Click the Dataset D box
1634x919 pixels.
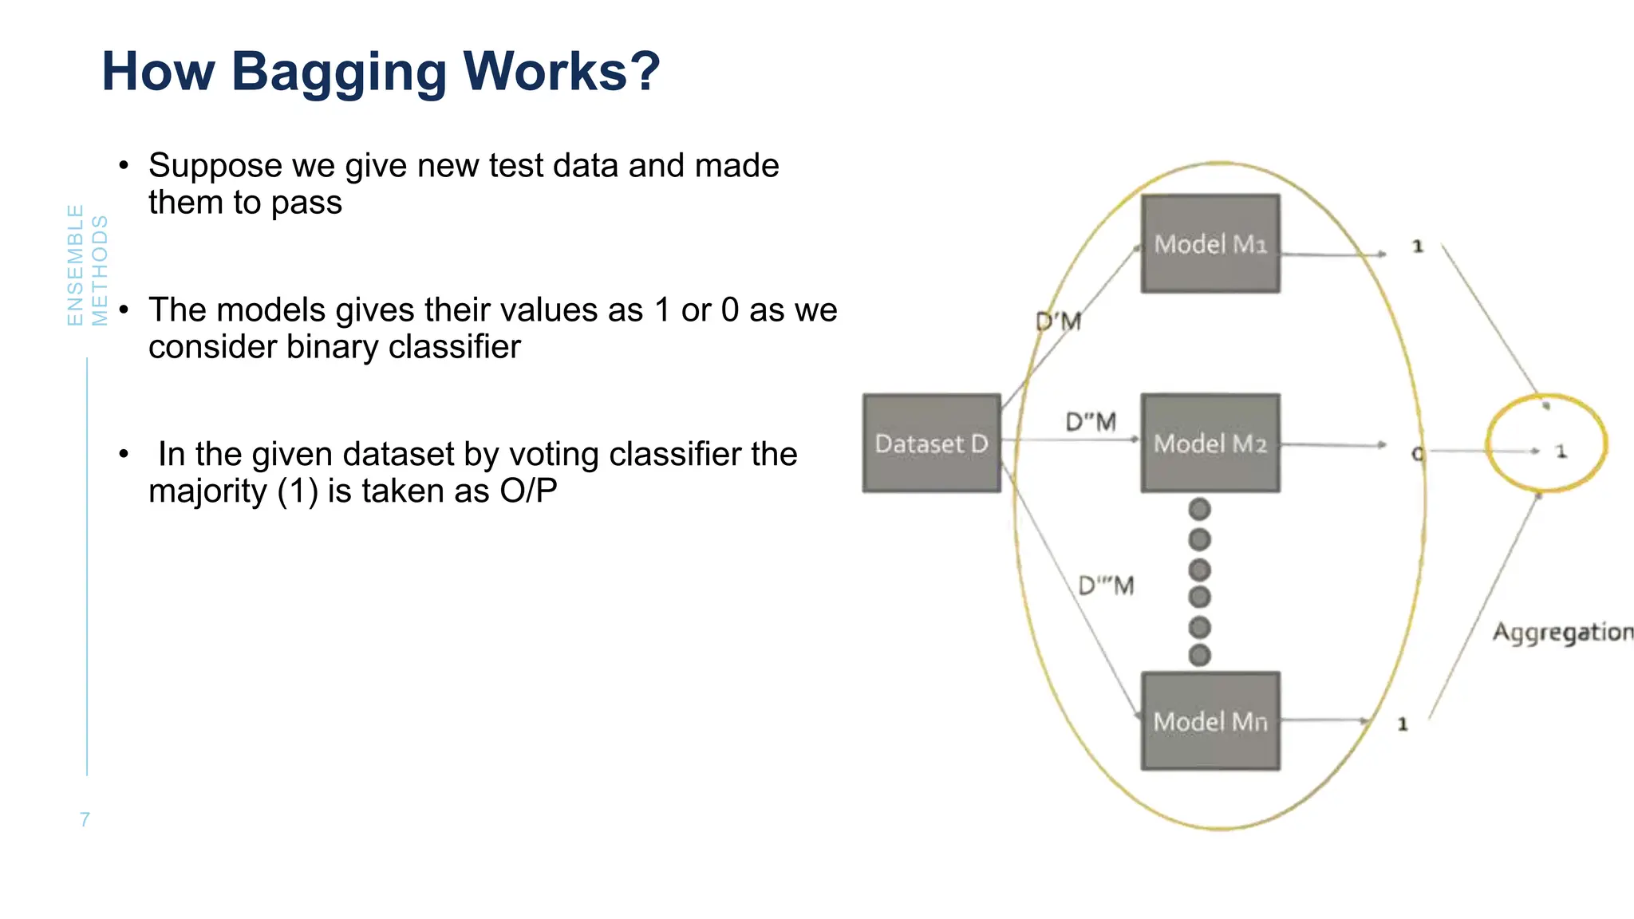(x=931, y=443)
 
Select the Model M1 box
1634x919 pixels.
(x=1210, y=243)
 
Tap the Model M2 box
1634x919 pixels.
(x=1210, y=443)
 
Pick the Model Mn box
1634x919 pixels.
(x=1210, y=721)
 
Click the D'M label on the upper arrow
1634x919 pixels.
(x=1058, y=321)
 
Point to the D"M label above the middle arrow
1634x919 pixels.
(x=1091, y=421)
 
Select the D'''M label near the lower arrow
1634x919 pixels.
(x=1106, y=586)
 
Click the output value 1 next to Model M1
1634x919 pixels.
(x=1418, y=247)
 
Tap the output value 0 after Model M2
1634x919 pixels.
(x=1417, y=454)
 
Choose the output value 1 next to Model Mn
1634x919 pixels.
(x=1403, y=724)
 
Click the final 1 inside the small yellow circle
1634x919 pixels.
(x=1561, y=452)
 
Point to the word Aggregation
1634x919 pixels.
(x=1562, y=632)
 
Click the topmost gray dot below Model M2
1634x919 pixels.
(x=1199, y=509)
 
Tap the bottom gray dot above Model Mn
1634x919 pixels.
(x=1199, y=656)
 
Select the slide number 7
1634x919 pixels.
(x=85, y=819)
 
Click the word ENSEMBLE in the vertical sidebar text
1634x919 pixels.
(x=75, y=265)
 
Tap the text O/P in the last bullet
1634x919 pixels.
(x=528, y=491)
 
